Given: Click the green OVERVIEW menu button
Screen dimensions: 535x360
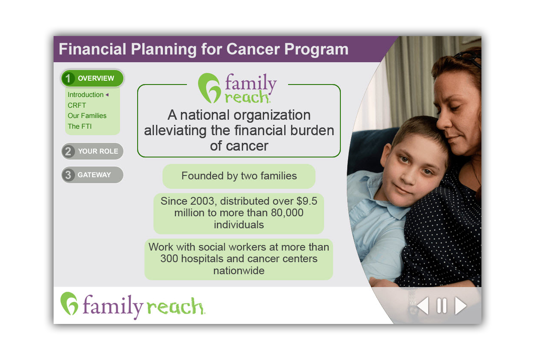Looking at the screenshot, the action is pyautogui.click(x=93, y=78).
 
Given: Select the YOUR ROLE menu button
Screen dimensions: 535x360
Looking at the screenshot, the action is pyautogui.click(x=93, y=151).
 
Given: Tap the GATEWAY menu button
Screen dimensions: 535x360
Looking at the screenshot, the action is pyautogui.click(x=93, y=175).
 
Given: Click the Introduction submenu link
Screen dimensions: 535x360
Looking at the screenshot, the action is pyautogui.click(x=85, y=95).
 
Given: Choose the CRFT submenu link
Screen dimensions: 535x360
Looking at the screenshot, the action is pyautogui.click(x=77, y=105).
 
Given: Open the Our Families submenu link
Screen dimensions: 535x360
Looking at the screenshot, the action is pyautogui.click(x=87, y=116).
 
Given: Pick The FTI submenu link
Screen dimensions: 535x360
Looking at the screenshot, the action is pyautogui.click(x=80, y=126).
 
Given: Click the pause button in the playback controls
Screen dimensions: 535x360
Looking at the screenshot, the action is pyautogui.click(x=442, y=306).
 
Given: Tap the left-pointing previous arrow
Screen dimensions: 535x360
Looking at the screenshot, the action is pyautogui.click(x=423, y=306).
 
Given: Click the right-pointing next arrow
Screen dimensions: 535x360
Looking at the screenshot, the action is pyautogui.click(x=461, y=306).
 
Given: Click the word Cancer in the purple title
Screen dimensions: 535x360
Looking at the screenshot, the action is pyautogui.click(x=252, y=49).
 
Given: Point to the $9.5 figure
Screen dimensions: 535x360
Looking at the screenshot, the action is pyautogui.click(x=307, y=201).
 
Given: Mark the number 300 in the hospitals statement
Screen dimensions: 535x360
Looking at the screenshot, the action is pyautogui.click(x=169, y=259).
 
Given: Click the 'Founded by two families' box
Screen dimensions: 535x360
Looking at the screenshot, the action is pyautogui.click(x=239, y=176).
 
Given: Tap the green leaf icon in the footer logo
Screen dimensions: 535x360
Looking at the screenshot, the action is pyautogui.click(x=69, y=303).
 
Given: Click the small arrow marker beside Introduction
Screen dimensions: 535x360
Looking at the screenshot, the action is pyautogui.click(x=107, y=95).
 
